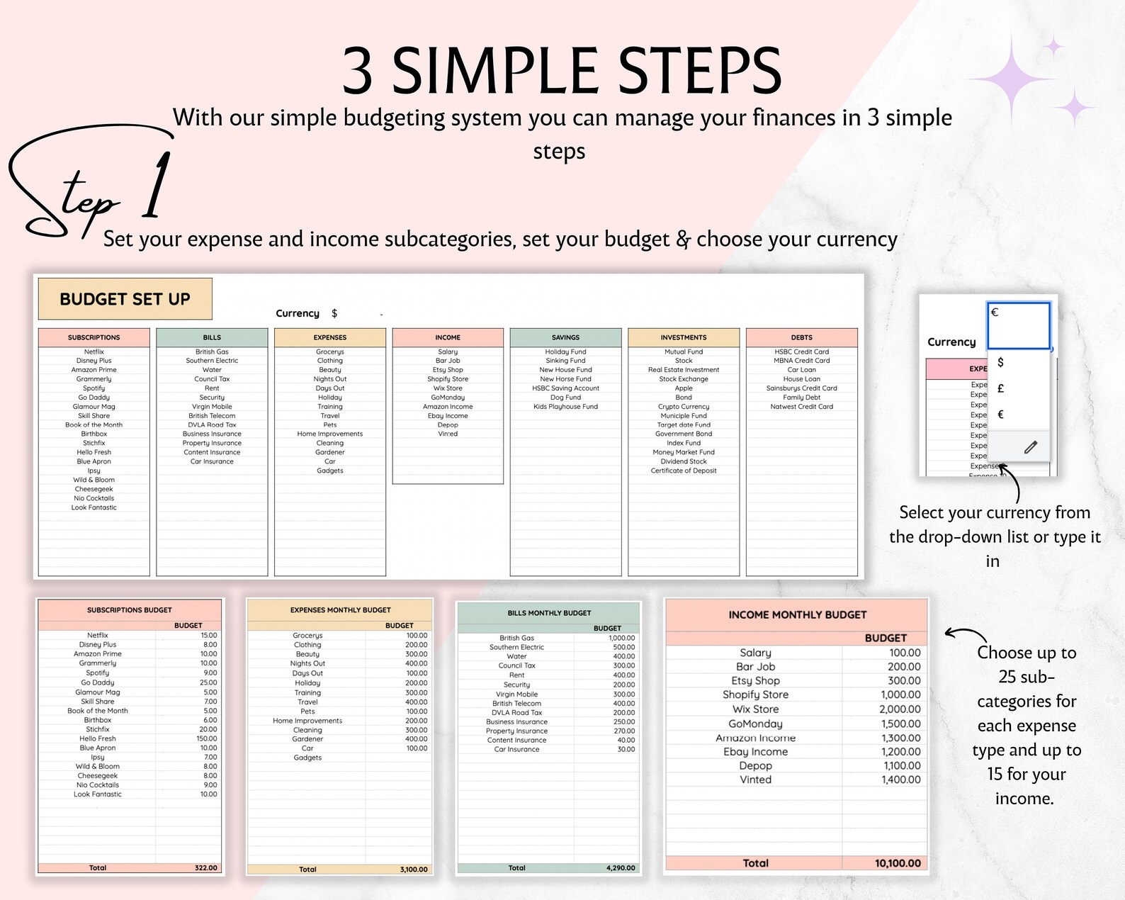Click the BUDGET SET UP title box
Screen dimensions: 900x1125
coord(125,299)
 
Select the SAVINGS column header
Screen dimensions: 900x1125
coord(565,337)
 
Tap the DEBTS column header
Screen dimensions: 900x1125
coord(801,337)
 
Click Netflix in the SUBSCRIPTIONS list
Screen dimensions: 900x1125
coord(94,351)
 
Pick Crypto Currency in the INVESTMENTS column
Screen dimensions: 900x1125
coord(683,407)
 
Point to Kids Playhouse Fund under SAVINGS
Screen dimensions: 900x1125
coord(565,407)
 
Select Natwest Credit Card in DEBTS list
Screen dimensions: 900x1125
coord(801,407)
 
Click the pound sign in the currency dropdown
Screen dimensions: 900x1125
coord(1000,388)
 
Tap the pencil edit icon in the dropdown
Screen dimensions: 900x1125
coord(1030,446)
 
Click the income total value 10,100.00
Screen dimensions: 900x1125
coord(897,863)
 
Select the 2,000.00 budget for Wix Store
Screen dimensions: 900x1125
coord(900,709)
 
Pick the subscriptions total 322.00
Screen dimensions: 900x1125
coord(205,867)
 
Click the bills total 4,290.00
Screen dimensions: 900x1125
coord(621,867)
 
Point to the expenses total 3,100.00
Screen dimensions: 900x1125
coord(413,870)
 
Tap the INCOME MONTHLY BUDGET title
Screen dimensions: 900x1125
coord(797,614)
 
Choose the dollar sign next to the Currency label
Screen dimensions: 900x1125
coord(334,313)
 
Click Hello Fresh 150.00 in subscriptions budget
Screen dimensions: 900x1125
coord(207,738)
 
